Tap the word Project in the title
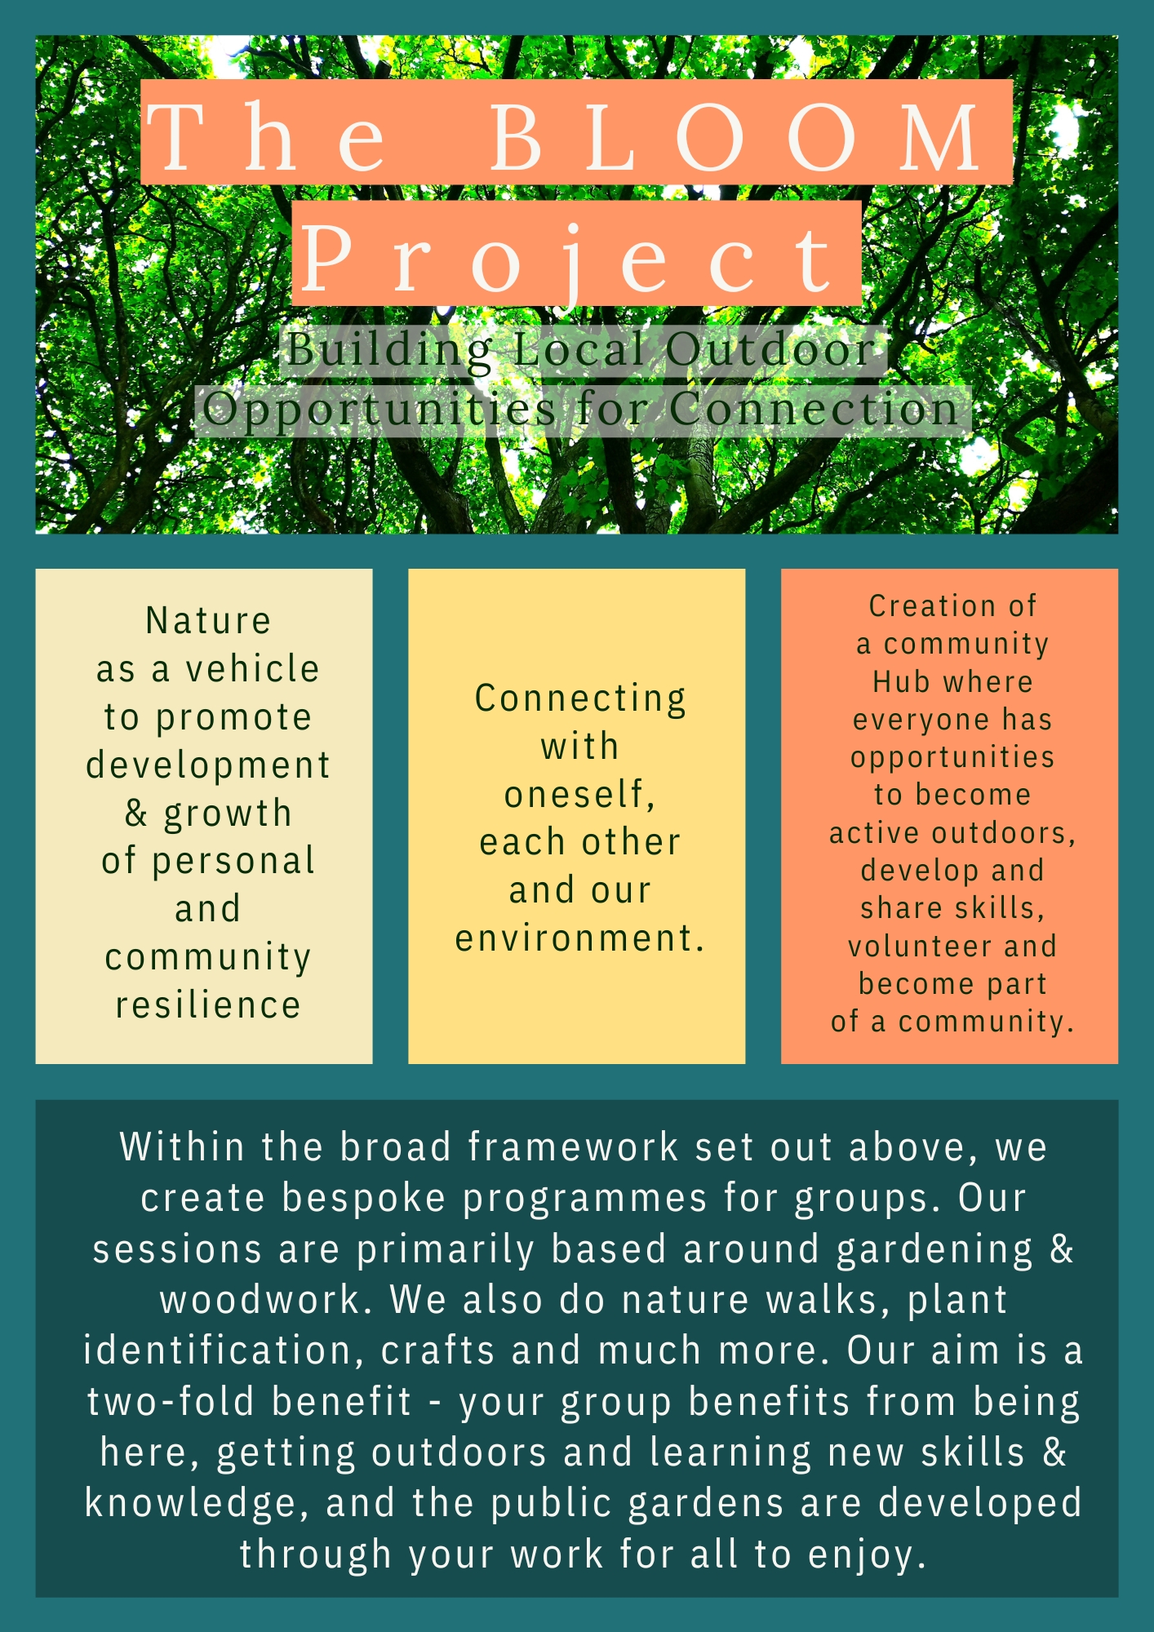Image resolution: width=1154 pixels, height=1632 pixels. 568,259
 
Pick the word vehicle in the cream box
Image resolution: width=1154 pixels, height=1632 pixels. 252,669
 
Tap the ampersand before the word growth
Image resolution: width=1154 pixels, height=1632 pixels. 136,813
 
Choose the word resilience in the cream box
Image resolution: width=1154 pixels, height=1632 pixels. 208,1004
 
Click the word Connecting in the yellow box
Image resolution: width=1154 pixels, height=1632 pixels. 580,699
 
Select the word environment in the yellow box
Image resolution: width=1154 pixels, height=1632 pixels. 575,938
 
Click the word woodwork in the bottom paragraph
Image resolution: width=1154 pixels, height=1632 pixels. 260,1299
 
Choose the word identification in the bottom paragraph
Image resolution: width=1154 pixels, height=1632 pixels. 218,1350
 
